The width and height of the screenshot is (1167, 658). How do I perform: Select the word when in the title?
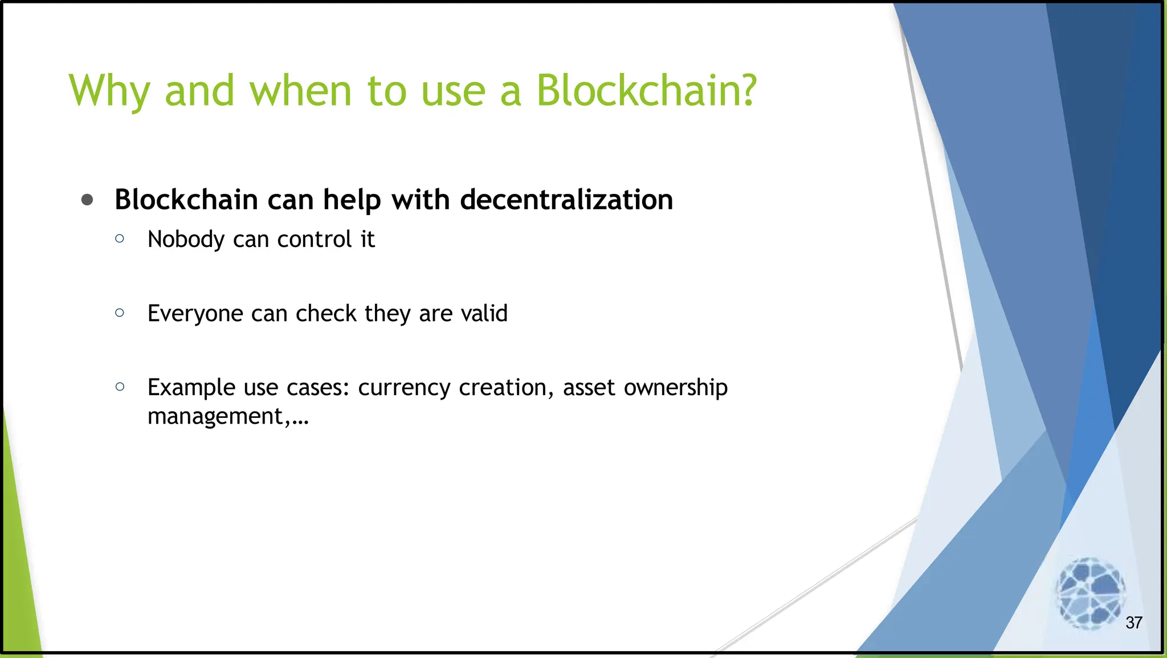(x=300, y=91)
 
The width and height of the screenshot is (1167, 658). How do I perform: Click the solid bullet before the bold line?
(x=87, y=200)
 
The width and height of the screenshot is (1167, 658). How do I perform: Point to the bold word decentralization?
(x=566, y=200)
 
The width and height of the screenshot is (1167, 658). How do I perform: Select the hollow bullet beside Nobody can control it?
(x=120, y=239)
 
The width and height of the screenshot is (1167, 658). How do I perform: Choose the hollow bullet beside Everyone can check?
(x=120, y=312)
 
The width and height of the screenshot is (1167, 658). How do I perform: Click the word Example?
(x=191, y=388)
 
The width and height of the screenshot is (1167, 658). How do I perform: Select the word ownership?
(x=675, y=388)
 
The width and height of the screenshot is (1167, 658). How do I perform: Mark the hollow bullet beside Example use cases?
(x=120, y=387)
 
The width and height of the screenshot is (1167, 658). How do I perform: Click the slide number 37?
(x=1133, y=623)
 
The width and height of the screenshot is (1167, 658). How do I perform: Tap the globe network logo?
(x=1090, y=593)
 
